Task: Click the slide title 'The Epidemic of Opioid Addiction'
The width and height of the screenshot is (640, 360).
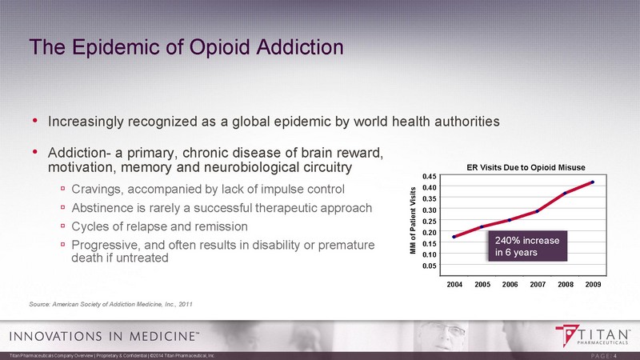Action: pos(186,46)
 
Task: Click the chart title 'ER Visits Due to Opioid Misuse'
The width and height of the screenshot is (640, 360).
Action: pos(526,166)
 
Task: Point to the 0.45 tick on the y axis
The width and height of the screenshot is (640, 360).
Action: pos(429,176)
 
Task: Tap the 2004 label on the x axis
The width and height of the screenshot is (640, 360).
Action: pos(454,284)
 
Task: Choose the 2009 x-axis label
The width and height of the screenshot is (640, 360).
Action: pos(593,284)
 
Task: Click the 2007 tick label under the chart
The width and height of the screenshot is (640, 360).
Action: pos(538,284)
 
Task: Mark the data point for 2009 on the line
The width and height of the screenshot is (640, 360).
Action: pos(593,182)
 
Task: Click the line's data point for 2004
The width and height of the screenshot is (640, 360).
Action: pos(454,237)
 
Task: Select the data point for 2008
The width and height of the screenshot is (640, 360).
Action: pos(565,193)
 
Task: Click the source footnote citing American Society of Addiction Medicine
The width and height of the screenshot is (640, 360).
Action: pos(110,304)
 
